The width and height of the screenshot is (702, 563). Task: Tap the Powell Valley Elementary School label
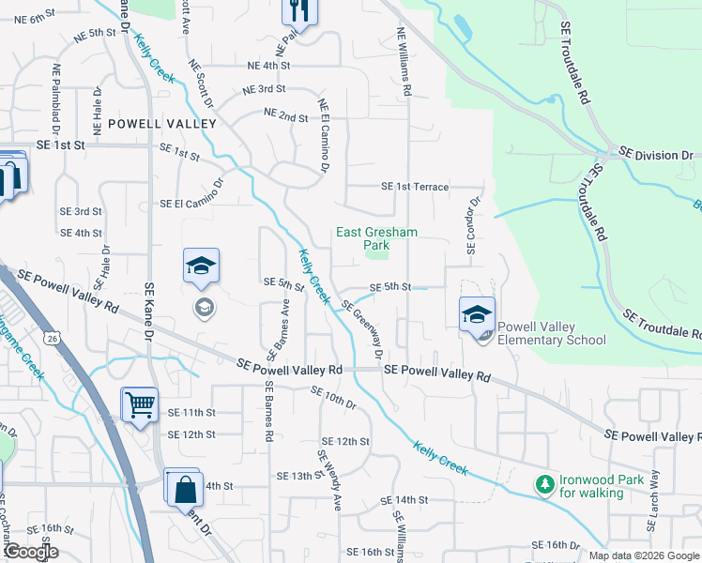coord(551,333)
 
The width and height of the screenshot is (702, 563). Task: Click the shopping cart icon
coord(140,405)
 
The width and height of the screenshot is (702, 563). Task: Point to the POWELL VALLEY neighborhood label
coord(161,124)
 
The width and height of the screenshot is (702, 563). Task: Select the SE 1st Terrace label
coord(415,187)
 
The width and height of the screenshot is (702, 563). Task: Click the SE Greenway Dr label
coord(362,329)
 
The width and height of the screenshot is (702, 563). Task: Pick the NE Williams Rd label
coord(405,62)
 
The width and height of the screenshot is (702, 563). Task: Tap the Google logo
coord(30,552)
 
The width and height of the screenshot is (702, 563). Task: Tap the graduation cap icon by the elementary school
coord(477,315)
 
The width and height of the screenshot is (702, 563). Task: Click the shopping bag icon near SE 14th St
coord(185,487)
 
